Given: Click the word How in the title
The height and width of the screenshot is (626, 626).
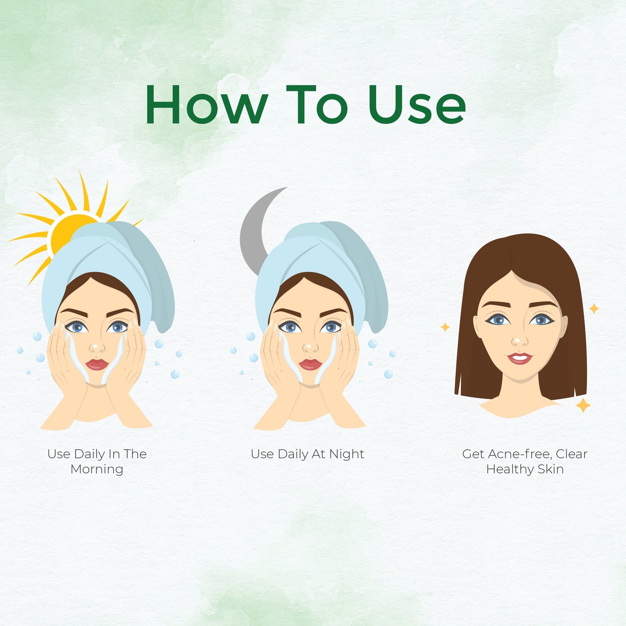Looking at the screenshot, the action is [x=207, y=104].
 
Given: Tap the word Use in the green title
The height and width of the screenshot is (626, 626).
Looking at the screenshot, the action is [x=417, y=104].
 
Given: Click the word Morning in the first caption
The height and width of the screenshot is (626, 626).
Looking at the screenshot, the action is [x=97, y=469].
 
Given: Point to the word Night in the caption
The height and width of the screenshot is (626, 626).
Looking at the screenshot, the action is [x=347, y=454].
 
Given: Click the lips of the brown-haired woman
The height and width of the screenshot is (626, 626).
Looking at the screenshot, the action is [x=520, y=358].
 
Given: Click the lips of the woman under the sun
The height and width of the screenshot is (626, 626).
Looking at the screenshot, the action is [x=97, y=364].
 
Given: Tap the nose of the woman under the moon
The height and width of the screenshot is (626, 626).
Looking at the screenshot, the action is [x=311, y=347].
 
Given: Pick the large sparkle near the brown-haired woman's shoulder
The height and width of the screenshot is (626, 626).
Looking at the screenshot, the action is [x=583, y=405].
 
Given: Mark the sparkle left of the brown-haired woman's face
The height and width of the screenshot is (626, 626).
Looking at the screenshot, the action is [x=445, y=327].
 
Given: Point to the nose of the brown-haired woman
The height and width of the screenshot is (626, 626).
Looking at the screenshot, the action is [x=520, y=340].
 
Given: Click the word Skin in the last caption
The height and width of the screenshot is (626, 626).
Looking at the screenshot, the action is [x=551, y=470].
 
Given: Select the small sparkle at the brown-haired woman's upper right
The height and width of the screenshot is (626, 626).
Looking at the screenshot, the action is [x=594, y=308].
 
